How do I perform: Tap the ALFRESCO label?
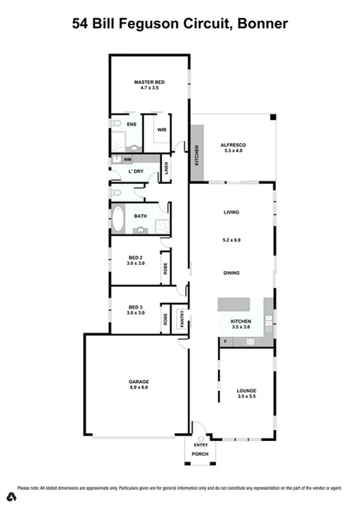click(233, 146)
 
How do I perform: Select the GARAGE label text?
click(139, 382)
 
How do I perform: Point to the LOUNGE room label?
click(246, 390)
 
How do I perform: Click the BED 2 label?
click(136, 257)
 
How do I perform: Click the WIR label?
click(161, 129)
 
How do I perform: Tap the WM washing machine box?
click(127, 159)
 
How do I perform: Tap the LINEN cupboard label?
click(166, 167)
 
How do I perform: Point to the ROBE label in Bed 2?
click(165, 268)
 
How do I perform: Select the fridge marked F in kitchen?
click(224, 342)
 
